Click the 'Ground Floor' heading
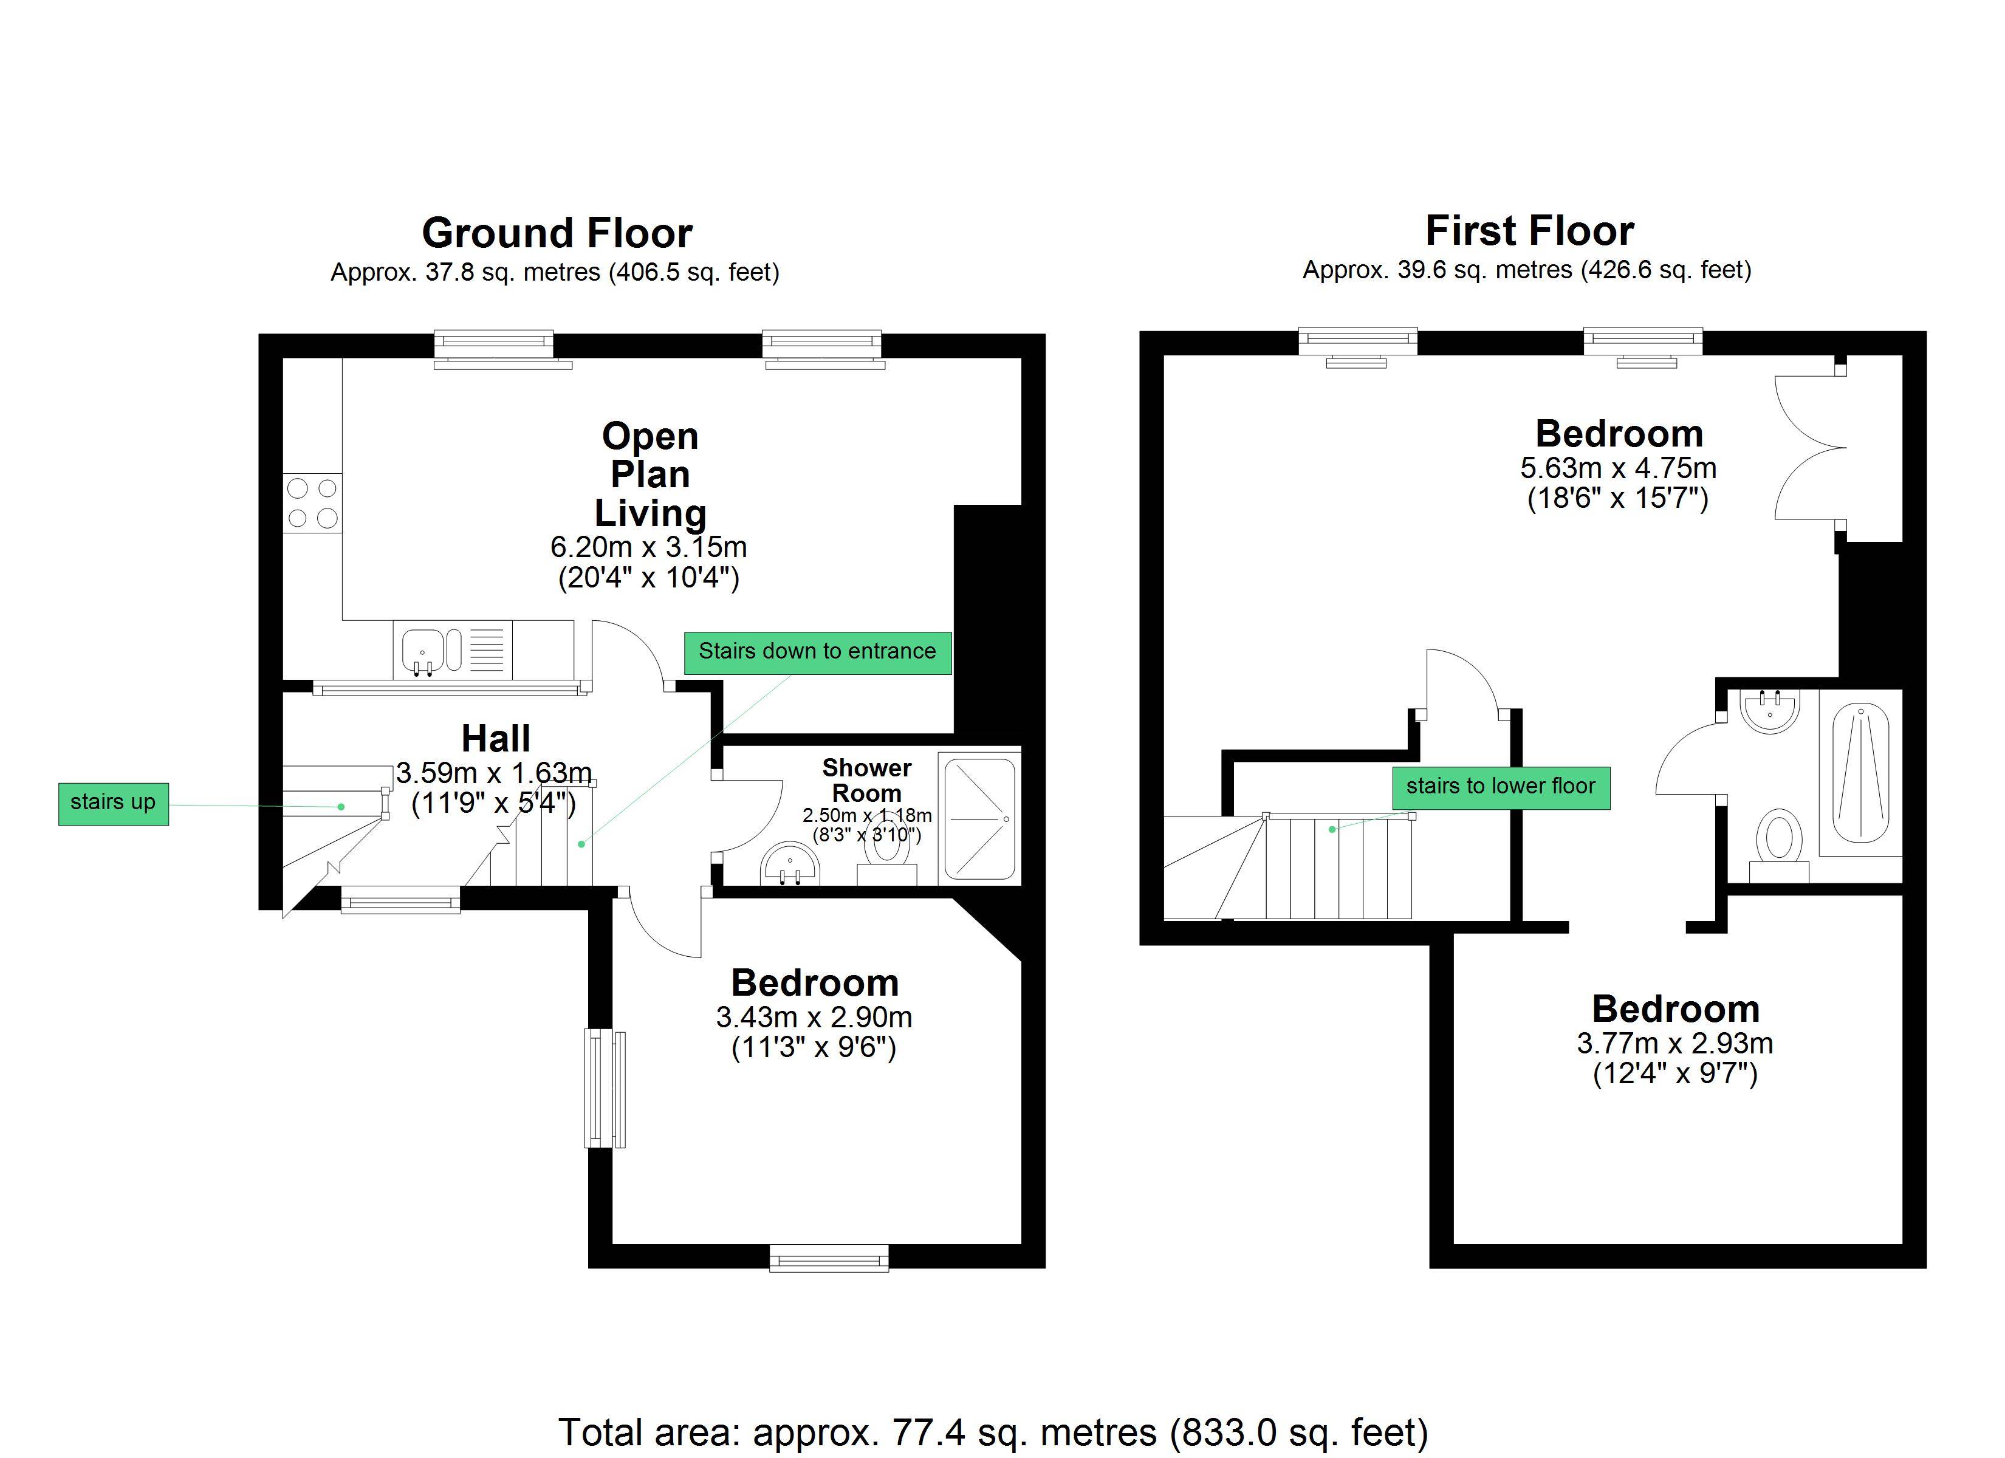click(557, 233)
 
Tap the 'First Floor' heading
click(1529, 231)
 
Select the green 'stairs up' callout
click(113, 804)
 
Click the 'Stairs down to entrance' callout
click(818, 652)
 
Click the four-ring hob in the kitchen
click(313, 503)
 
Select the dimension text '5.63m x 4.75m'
click(1619, 468)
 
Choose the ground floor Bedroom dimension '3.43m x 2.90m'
click(814, 1018)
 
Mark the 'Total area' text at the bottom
click(993, 1431)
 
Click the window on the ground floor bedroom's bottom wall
click(828, 1258)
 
